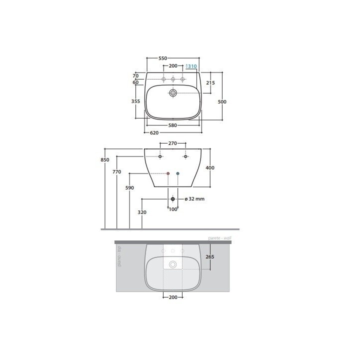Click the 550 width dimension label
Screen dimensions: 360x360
(x=162, y=58)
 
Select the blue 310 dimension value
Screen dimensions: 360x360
(x=192, y=66)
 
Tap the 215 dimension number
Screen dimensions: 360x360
(x=210, y=82)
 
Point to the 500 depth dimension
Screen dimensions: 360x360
(x=222, y=102)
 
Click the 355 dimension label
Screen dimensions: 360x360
(x=135, y=101)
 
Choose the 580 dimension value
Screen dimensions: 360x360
(x=172, y=125)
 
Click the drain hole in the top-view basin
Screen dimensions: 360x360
(x=173, y=93)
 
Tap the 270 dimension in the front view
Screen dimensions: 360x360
(x=172, y=143)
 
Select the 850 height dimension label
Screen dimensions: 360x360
(x=104, y=160)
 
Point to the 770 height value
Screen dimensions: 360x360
(x=116, y=171)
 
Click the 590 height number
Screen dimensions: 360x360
(x=129, y=188)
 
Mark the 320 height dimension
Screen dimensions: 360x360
(x=142, y=212)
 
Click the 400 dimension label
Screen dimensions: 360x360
(x=210, y=168)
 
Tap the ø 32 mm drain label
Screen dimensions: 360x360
(x=194, y=199)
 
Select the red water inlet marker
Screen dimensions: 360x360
(x=168, y=173)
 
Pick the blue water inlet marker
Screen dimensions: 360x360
(x=178, y=173)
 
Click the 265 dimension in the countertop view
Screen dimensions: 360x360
(x=210, y=257)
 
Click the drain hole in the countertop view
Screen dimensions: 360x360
(x=173, y=264)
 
